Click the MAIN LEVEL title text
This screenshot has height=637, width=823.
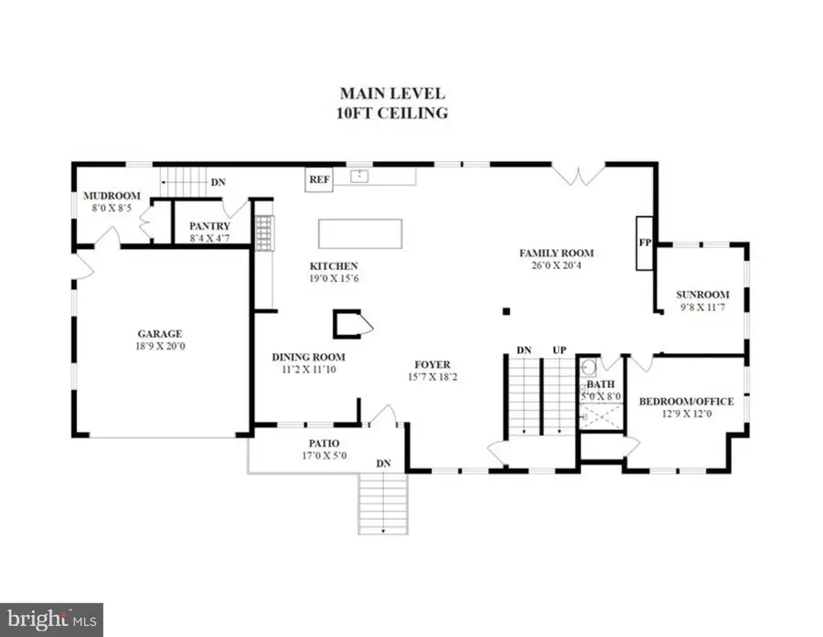pyautogui.click(x=392, y=92)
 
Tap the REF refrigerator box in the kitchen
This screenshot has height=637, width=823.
pyautogui.click(x=318, y=179)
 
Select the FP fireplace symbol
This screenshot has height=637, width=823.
pyautogui.click(x=644, y=243)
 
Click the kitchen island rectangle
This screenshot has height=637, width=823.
pyautogui.click(x=360, y=233)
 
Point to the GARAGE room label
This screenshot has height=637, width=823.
pyautogui.click(x=161, y=333)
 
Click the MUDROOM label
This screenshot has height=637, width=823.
pyautogui.click(x=111, y=195)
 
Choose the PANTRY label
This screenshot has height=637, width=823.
pyautogui.click(x=208, y=226)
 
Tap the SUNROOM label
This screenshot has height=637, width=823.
pyautogui.click(x=702, y=295)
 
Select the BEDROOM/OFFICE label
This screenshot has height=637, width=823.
pyautogui.click(x=685, y=402)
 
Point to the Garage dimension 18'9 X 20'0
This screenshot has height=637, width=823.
pyautogui.click(x=161, y=346)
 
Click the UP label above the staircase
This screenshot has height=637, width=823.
pyautogui.click(x=557, y=351)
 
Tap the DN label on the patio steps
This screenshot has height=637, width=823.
pyautogui.click(x=384, y=464)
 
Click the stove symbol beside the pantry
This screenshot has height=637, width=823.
pyautogui.click(x=263, y=232)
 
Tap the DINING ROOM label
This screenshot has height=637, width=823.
pyautogui.click(x=308, y=357)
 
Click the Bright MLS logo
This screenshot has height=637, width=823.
pyautogui.click(x=51, y=620)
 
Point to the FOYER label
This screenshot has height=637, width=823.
pyautogui.click(x=433, y=364)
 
